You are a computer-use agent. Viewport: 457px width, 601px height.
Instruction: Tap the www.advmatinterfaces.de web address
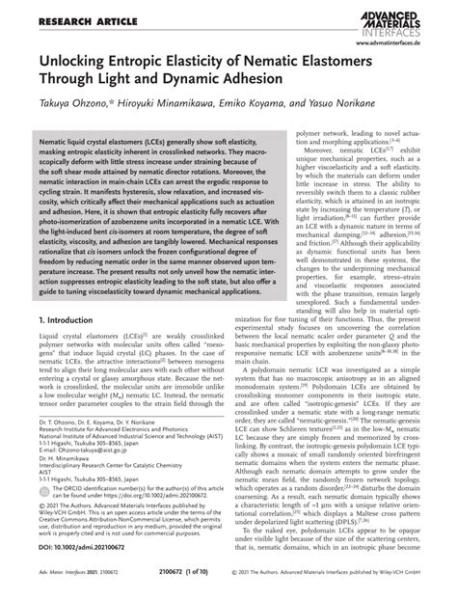404,43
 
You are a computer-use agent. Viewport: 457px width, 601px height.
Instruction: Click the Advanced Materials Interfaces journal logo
405,20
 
